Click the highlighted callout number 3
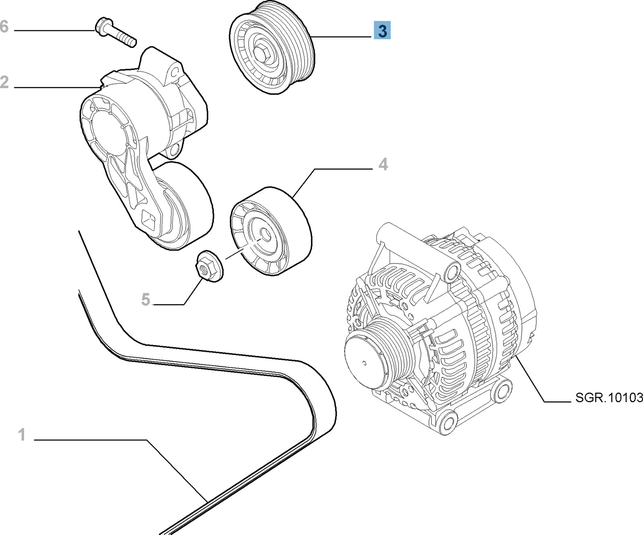point(382,31)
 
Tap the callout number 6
point(4,27)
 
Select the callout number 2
point(4,82)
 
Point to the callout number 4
point(383,165)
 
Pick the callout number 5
point(146,299)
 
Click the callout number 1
point(22,434)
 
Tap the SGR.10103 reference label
point(609,398)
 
